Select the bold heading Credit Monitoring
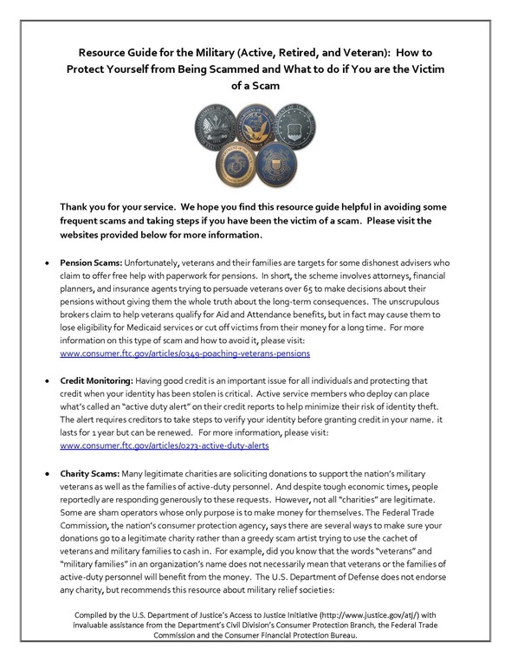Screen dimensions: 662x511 98,380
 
